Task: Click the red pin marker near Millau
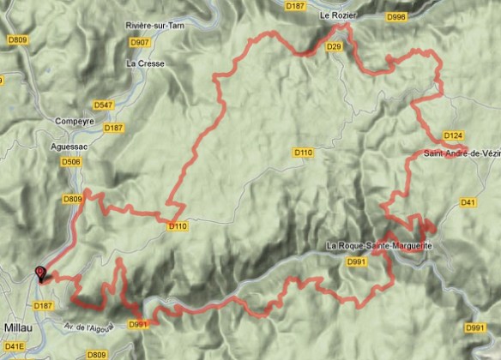[39, 274]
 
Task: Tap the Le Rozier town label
[337, 15]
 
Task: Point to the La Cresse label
[143, 63]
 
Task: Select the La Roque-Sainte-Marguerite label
[378, 246]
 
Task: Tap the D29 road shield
[335, 45]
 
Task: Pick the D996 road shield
[396, 15]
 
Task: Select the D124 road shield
[454, 135]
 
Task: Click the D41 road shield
[468, 202]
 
